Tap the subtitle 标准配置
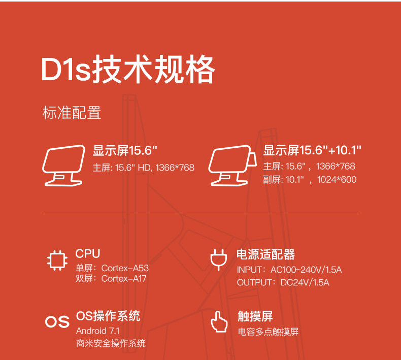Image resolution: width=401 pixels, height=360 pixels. tap(72, 113)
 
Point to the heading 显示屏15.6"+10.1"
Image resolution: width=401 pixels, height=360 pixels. tap(312, 150)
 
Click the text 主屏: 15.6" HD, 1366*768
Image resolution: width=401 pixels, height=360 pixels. tap(143, 167)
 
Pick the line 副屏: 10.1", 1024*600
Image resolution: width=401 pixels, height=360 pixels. tap(310, 179)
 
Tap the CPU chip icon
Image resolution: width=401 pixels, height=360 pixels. tap(57, 260)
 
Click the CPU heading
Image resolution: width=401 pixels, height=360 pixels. tap(88, 253)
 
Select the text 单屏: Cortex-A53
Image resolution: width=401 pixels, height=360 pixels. tap(112, 268)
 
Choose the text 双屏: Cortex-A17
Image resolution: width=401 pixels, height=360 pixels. tap(111, 278)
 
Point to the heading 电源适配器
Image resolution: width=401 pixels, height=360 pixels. tap(265, 254)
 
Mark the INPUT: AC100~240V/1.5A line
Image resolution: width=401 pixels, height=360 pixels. tap(289, 270)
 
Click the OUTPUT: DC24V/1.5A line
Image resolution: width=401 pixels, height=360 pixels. tap(283, 282)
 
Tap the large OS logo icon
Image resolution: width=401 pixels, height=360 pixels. tap(57, 322)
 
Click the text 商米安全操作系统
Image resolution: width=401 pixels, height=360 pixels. tap(111, 343)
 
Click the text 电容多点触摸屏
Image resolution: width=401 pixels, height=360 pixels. tap(268, 332)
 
